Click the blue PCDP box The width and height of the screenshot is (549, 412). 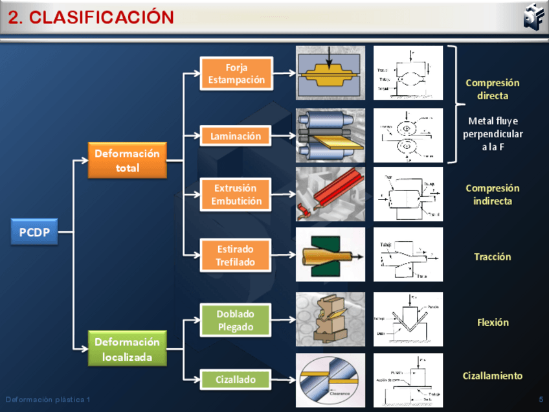[x=34, y=232]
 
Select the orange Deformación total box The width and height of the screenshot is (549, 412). [x=127, y=160]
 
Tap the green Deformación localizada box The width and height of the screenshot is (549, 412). [x=127, y=349]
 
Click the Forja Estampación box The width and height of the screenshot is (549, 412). [x=236, y=73]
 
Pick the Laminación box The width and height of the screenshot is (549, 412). [x=236, y=136]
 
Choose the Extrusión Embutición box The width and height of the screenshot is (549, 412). [x=236, y=194]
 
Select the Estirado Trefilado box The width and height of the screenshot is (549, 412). [x=236, y=255]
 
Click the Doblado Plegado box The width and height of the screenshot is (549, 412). [x=236, y=320]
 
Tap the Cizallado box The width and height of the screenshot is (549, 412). [x=236, y=380]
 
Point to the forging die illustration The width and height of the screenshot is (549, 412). [x=330, y=73]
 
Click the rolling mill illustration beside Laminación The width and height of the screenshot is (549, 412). [x=330, y=135]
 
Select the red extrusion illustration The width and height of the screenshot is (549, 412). [x=330, y=194]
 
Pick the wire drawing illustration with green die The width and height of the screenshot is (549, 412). [x=330, y=254]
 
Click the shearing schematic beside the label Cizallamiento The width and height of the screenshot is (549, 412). [x=408, y=380]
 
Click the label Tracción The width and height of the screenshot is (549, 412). [x=492, y=257]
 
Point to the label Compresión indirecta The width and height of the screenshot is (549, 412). [x=492, y=194]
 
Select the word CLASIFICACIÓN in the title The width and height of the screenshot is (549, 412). [x=102, y=17]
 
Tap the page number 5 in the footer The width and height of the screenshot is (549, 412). [x=541, y=399]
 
